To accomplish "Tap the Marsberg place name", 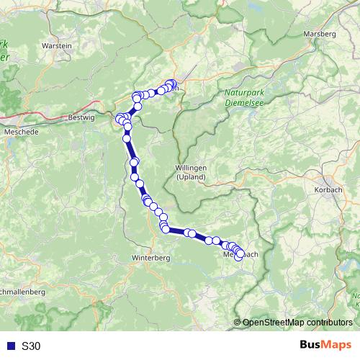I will [x=320, y=34].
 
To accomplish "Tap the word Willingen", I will [x=191, y=167].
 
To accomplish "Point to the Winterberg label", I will [x=151, y=257].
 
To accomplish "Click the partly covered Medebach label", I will [x=240, y=255].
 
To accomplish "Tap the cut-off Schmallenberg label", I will [x=23, y=292].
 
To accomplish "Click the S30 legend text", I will [x=31, y=346].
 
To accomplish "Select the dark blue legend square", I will [x=12, y=346].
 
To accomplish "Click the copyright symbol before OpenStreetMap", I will [x=238, y=322].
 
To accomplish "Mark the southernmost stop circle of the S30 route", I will [x=239, y=257].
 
